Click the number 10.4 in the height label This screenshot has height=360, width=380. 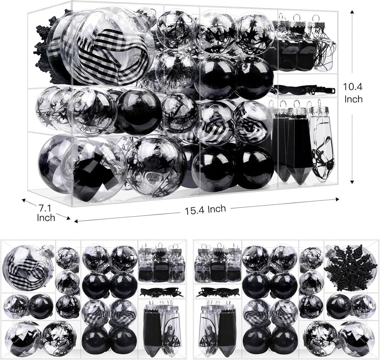(353, 87)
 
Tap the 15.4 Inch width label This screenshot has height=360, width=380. (205, 210)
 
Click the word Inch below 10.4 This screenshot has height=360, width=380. (354, 99)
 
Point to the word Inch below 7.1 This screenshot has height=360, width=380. (46, 218)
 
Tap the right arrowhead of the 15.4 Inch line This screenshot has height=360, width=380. (337, 199)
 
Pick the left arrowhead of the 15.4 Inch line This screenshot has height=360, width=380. (76, 221)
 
